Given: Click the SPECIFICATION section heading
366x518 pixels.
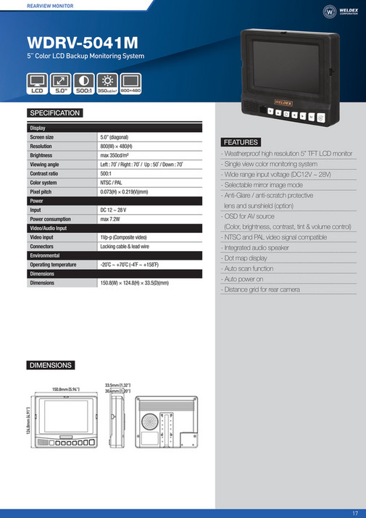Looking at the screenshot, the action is click(x=54, y=113).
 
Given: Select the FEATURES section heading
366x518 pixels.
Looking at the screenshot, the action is click(x=241, y=141).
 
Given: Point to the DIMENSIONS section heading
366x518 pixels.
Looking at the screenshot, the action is click(x=50, y=365).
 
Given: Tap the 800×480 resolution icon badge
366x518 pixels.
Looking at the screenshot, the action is click(x=130, y=83).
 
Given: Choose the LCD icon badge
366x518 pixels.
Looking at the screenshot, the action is click(x=38, y=83).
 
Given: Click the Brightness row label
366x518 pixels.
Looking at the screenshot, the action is click(x=41, y=155).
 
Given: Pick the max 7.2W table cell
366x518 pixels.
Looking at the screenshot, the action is click(x=114, y=218).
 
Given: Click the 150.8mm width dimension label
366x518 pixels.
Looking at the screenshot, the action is click(x=65, y=390).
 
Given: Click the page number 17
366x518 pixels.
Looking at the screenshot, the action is click(x=355, y=512).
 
